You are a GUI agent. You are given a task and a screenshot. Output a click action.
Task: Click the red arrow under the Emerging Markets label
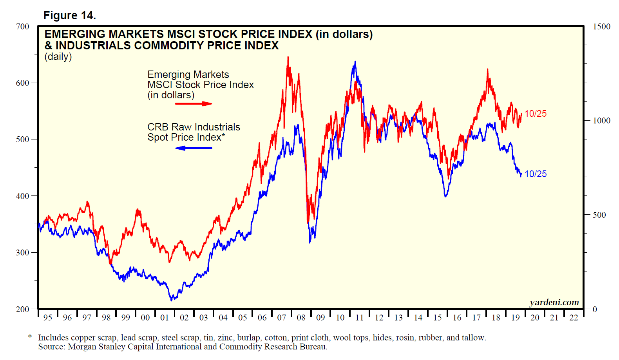[194, 104]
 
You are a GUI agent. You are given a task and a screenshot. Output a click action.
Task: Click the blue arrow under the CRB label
[194, 148]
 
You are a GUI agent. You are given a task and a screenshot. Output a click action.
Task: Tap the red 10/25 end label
[535, 114]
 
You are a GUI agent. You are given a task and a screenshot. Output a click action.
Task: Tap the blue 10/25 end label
[535, 174]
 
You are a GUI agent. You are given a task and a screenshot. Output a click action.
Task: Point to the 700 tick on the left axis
[23, 27]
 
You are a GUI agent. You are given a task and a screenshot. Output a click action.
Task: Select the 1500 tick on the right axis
[601, 27]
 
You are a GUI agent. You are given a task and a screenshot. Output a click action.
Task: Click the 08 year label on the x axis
[301, 318]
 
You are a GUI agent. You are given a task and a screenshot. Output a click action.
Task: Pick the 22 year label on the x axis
[574, 318]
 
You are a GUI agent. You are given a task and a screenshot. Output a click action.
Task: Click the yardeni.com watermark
[554, 302]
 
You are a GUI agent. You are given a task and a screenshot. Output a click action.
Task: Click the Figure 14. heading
[69, 15]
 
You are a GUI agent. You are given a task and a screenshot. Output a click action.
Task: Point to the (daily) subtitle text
[58, 56]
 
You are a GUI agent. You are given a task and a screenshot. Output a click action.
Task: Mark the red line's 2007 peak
[288, 57]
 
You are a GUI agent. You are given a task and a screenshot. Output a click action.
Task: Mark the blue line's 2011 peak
[355, 62]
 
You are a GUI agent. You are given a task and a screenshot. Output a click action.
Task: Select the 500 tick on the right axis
[599, 215]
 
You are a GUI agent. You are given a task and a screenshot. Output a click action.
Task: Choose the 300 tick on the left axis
[23, 253]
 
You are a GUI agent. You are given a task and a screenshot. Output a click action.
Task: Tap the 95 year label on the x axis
[47, 318]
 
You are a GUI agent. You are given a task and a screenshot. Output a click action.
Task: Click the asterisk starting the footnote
[30, 336]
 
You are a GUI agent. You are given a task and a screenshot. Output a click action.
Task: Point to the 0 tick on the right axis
[595, 309]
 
